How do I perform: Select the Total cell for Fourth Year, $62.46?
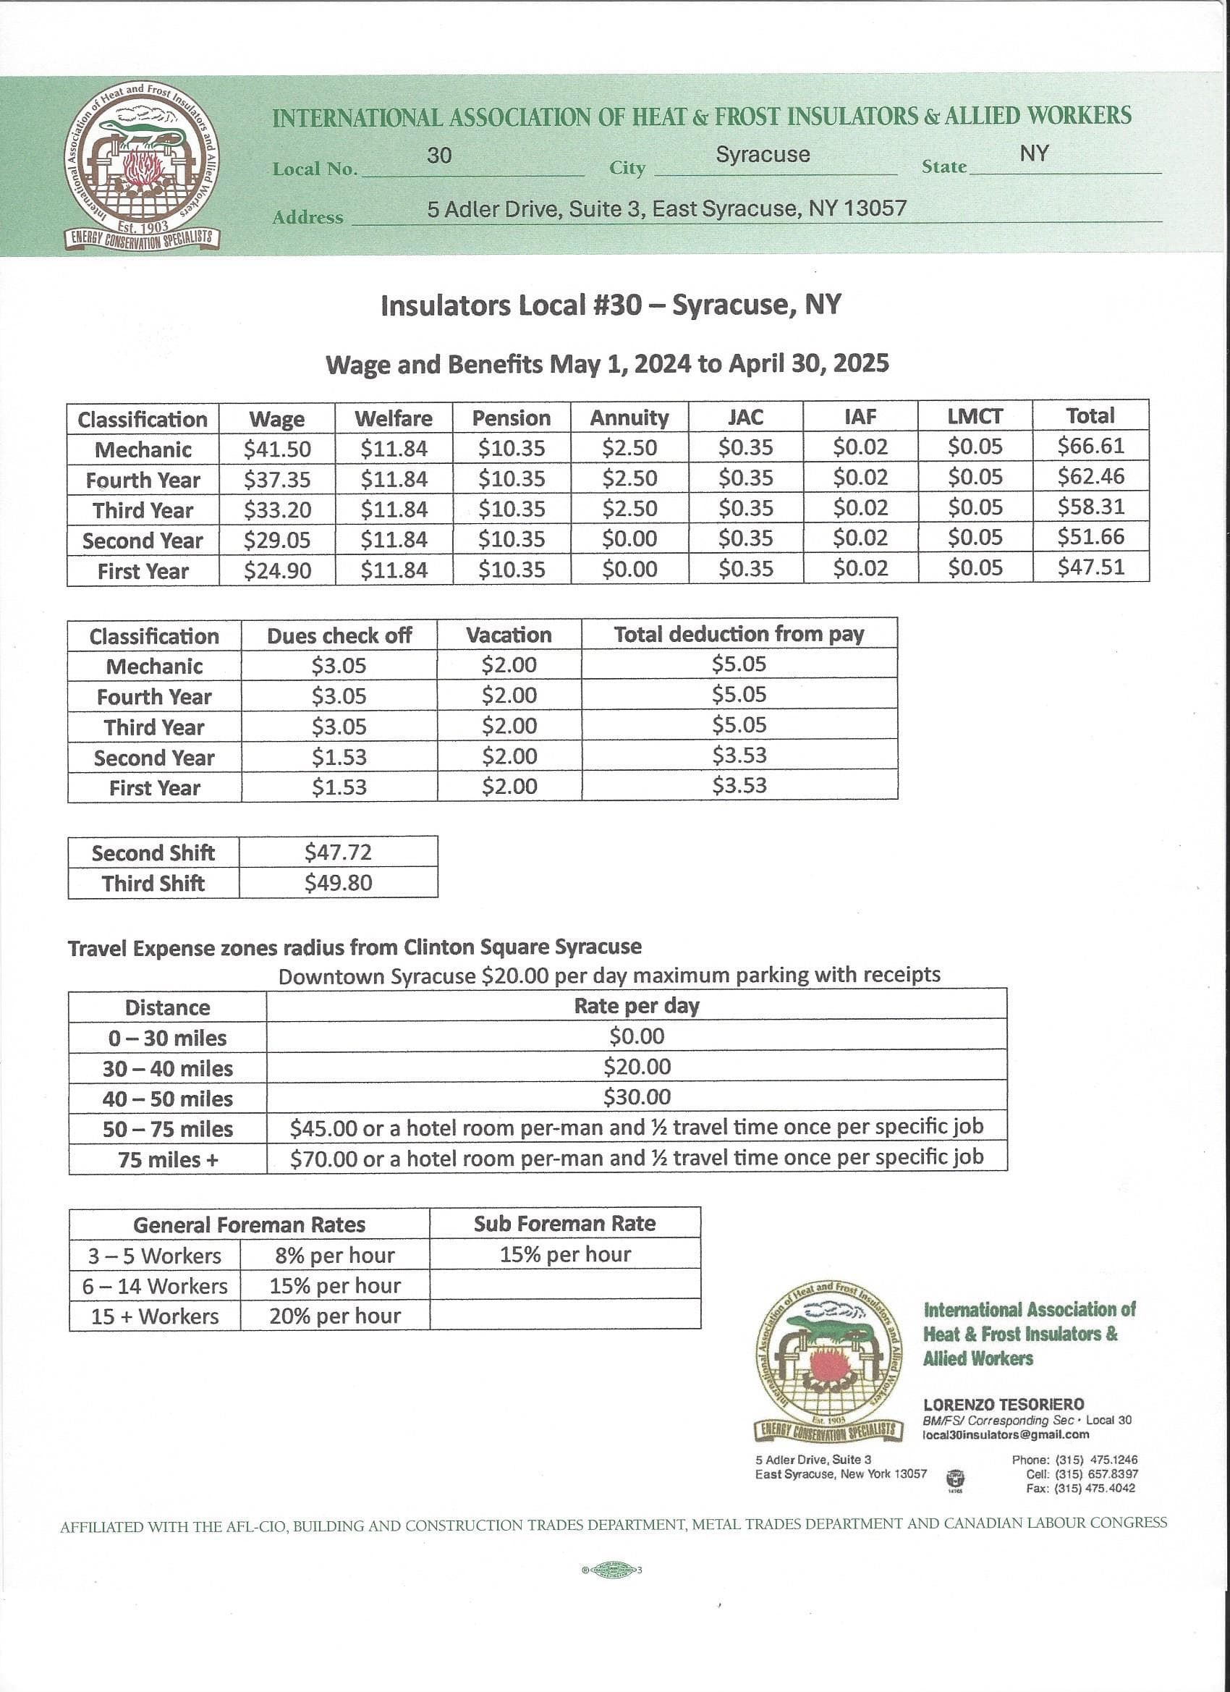coord(1090,477)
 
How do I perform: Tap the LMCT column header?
coord(975,416)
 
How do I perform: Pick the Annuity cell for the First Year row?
coord(629,570)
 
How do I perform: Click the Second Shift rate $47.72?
coord(338,852)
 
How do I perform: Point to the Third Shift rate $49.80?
coord(338,883)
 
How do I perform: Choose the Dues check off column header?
coord(339,635)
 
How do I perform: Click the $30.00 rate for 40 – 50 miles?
coord(636,1096)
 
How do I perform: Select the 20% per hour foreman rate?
coord(335,1316)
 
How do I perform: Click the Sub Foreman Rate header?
coord(564,1224)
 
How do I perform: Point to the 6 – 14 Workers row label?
coord(155,1285)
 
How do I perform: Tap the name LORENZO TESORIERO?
coord(1004,1404)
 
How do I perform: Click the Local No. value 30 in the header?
coord(439,155)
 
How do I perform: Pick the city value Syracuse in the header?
coord(763,154)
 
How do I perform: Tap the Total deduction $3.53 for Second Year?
coord(739,755)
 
